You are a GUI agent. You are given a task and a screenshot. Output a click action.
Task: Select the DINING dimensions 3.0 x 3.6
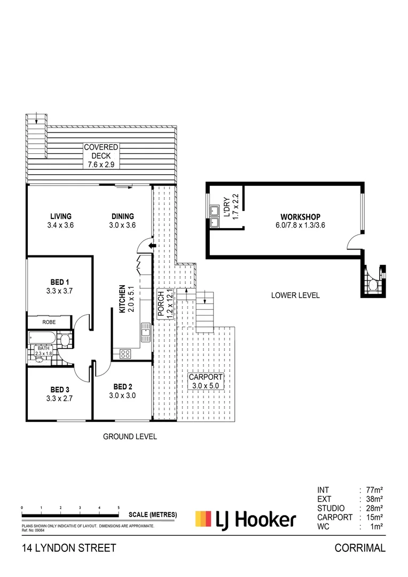click(123, 225)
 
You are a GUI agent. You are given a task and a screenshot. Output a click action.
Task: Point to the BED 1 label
click(59, 282)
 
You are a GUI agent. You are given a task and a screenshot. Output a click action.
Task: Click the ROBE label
click(49, 323)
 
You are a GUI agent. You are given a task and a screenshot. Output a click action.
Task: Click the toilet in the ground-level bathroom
click(64, 340)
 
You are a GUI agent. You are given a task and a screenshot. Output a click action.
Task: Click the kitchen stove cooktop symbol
click(125, 353)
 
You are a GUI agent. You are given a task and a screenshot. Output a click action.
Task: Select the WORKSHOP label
click(300, 216)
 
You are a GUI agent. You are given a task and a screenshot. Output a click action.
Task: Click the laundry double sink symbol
click(215, 216)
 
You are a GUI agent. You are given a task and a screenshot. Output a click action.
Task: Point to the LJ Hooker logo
click(245, 519)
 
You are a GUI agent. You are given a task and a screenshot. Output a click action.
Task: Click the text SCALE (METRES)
click(153, 515)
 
